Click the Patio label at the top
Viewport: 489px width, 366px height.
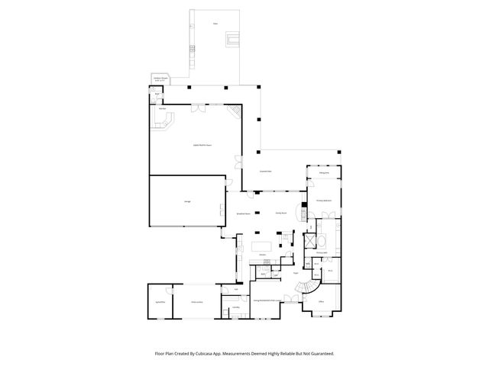pyautogui.click(x=215, y=24)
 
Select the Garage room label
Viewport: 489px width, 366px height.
pyautogui.click(x=187, y=201)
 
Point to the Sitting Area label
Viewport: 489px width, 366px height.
pyautogui.click(x=324, y=173)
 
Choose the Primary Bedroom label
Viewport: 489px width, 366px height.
pyautogui.click(x=324, y=201)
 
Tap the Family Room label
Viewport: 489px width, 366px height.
pyautogui.click(x=280, y=214)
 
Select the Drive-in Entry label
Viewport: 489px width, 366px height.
pyautogui.click(x=196, y=303)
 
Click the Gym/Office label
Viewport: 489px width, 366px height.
pyautogui.click(x=160, y=303)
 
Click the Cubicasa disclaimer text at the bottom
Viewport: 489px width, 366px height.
pyautogui.click(x=244, y=354)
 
